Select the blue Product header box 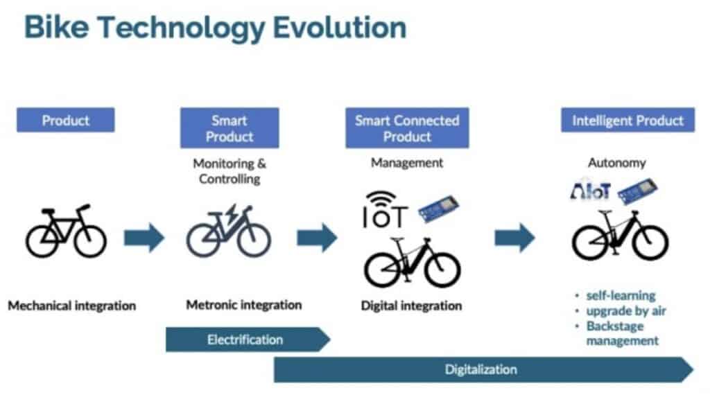pos(66,120)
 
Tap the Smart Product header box pos(230,128)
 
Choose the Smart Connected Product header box pos(407,128)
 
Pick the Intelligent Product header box pos(627,120)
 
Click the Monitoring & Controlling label pos(230,171)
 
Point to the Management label pos(407,164)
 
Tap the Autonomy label pos(616,164)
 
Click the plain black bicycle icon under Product pos(66,230)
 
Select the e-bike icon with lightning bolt pos(229,231)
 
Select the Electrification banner pos(246,340)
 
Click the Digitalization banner pos(482,369)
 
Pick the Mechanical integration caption pos(72,305)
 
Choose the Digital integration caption pos(411,305)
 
